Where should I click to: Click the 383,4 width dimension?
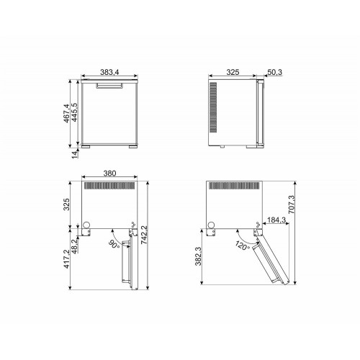click(x=109, y=72)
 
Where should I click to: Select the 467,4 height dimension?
click(x=66, y=113)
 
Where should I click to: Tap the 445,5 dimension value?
click(x=74, y=112)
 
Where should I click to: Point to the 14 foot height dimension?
click(x=75, y=153)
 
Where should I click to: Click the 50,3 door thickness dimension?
click(x=275, y=72)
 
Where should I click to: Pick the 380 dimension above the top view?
click(x=109, y=173)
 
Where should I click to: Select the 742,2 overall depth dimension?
click(x=144, y=235)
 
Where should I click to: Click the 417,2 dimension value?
click(x=66, y=259)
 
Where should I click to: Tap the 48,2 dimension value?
click(x=75, y=246)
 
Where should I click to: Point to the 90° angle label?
click(x=114, y=245)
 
